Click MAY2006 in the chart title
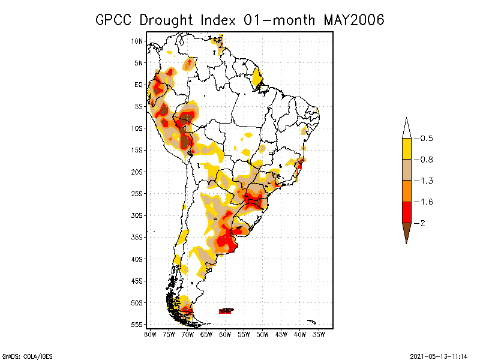point(353,20)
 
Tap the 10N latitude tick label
point(137,41)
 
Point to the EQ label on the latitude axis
point(138,85)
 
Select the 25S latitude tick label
point(137,193)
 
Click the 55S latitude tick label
point(137,325)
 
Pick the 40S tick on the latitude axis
point(137,259)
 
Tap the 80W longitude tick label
point(150,334)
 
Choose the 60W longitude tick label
point(225,334)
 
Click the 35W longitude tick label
point(319,334)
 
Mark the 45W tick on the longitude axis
point(281,334)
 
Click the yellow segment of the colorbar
point(406,149)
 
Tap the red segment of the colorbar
point(406,212)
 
